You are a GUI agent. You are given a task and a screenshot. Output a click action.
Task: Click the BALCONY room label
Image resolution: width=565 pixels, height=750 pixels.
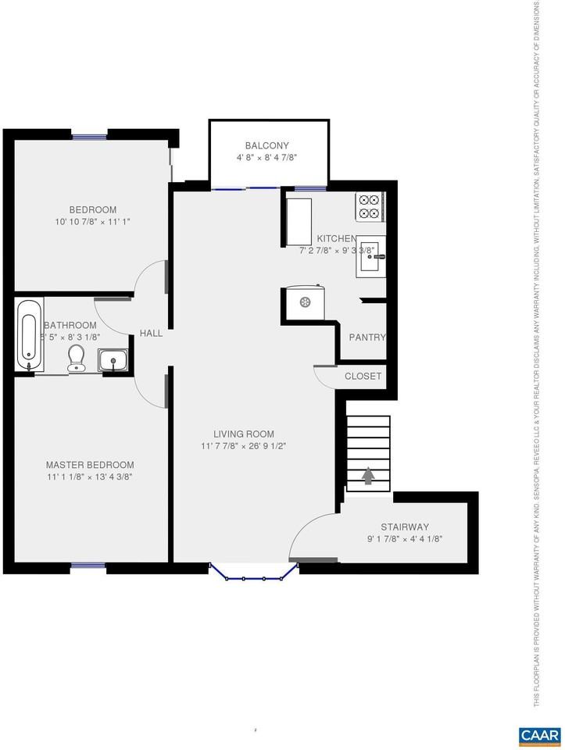click(x=266, y=145)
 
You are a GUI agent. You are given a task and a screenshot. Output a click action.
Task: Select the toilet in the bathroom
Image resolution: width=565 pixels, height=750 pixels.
click(x=77, y=358)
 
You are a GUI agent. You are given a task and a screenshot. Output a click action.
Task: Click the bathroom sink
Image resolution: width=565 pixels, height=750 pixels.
click(x=113, y=362)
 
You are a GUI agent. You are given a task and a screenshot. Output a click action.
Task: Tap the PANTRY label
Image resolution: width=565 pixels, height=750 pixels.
click(x=367, y=337)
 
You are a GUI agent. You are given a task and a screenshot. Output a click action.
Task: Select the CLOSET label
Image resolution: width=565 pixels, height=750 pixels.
click(x=363, y=376)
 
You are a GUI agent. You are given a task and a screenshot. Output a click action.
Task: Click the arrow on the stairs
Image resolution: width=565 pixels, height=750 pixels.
click(x=368, y=475)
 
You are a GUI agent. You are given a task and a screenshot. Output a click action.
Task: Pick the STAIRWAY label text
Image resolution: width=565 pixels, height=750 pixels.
click(x=404, y=527)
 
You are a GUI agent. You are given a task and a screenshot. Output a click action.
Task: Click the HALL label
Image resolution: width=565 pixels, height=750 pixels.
click(x=151, y=333)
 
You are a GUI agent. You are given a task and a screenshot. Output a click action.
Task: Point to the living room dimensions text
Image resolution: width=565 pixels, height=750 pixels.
click(x=244, y=447)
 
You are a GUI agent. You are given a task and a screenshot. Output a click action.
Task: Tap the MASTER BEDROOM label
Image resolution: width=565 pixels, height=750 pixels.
click(x=89, y=464)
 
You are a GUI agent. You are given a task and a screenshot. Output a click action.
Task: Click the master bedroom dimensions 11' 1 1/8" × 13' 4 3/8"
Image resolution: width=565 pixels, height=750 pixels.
click(x=89, y=477)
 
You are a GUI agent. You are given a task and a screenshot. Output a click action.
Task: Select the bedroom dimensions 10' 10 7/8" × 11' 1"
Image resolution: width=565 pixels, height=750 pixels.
click(x=92, y=222)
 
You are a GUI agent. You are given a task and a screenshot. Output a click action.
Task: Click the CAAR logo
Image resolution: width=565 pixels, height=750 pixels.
click(x=538, y=735)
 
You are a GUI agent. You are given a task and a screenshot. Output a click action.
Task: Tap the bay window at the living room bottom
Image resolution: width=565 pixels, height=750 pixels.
click(x=254, y=577)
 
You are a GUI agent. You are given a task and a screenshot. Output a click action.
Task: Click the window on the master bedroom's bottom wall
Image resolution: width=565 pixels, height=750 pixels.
click(x=88, y=565)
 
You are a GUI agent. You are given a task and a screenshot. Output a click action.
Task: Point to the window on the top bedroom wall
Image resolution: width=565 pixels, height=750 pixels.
click(x=90, y=137)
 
